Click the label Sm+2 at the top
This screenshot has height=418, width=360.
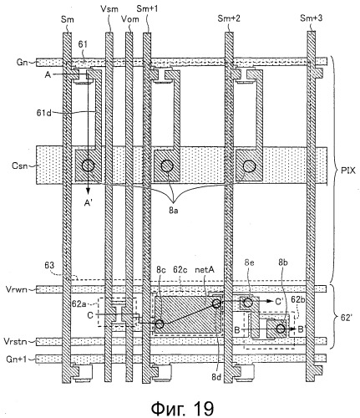coord(229,18)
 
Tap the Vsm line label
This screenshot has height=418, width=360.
coord(109,8)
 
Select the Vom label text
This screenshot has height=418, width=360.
coord(130,19)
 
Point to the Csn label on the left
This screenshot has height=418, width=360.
coord(20,166)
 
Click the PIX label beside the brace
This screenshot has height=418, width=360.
coord(348,171)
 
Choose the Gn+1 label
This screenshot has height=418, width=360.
coord(17,359)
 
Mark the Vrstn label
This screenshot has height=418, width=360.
coord(15,341)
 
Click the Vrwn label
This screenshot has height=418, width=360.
coord(17,289)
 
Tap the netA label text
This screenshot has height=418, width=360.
coord(205,269)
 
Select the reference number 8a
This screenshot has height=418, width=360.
coord(173,211)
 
